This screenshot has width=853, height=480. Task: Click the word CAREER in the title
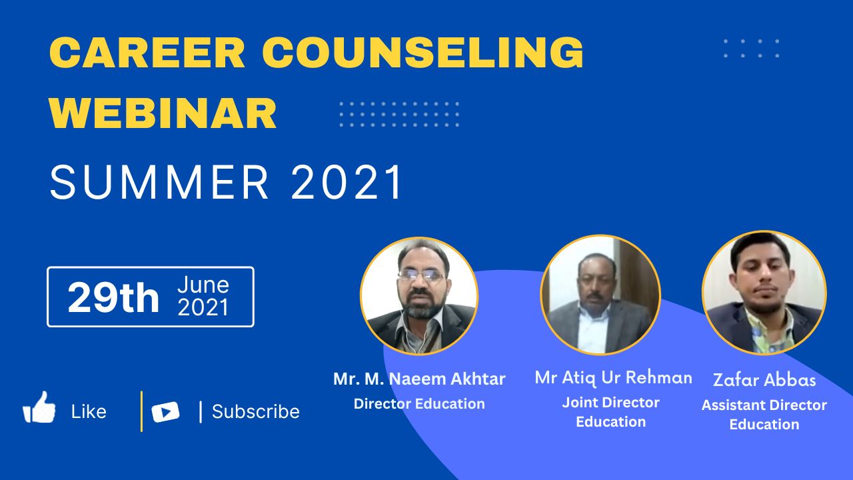(147, 53)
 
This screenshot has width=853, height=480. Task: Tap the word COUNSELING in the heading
(423, 53)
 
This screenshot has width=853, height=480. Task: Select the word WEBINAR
(163, 113)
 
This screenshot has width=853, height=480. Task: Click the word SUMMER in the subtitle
(159, 182)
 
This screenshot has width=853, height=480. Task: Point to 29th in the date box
(113, 297)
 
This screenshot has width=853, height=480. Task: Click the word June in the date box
(203, 285)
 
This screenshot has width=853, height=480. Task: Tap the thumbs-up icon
(39, 407)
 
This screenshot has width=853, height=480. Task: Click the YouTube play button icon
(165, 412)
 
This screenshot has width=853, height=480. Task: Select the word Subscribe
(255, 411)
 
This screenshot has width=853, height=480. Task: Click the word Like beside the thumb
(89, 412)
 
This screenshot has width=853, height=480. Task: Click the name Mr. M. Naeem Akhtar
(419, 379)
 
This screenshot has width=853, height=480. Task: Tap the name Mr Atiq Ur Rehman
(614, 378)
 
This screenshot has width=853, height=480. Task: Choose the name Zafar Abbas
(764, 380)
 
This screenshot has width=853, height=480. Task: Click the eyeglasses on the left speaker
(422, 275)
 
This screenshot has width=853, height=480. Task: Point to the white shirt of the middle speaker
(593, 330)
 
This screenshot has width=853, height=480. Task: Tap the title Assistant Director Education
(764, 415)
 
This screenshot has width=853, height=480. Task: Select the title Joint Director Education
(611, 412)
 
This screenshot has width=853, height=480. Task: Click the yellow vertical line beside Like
(142, 411)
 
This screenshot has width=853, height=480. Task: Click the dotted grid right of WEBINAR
(399, 114)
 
